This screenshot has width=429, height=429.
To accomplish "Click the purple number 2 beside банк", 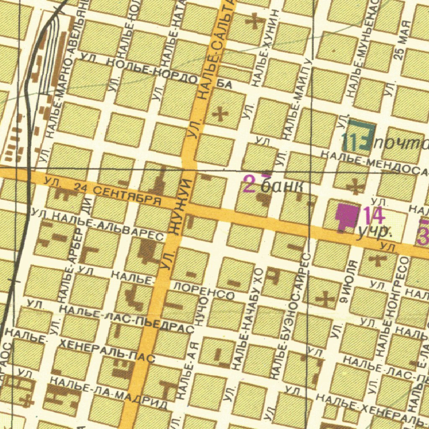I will pyautogui.click(x=249, y=184).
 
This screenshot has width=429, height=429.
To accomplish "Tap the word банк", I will pyautogui.click(x=282, y=186).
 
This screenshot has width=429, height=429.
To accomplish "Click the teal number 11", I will pyautogui.click(x=349, y=142).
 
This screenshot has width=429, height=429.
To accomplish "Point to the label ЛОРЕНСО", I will pyautogui.click(x=204, y=292).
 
